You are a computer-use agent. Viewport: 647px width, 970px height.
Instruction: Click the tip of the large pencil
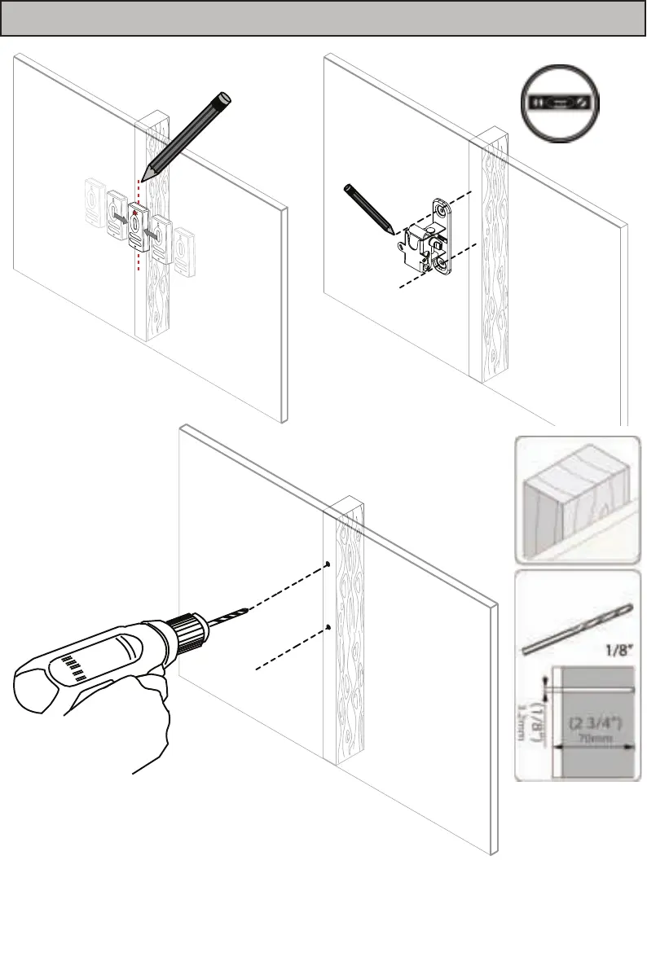tap(143, 180)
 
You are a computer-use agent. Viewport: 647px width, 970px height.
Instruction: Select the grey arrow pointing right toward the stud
tap(120, 219)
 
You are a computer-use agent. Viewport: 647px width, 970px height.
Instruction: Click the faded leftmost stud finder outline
tap(95, 204)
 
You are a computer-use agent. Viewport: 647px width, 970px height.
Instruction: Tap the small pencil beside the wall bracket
tap(369, 207)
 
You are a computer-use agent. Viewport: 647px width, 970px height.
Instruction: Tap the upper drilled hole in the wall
tap(327, 564)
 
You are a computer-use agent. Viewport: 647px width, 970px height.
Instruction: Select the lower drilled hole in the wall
tap(327, 626)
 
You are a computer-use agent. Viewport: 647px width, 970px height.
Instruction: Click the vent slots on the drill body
tap(76, 666)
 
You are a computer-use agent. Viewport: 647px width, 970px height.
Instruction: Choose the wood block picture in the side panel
tap(577, 499)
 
